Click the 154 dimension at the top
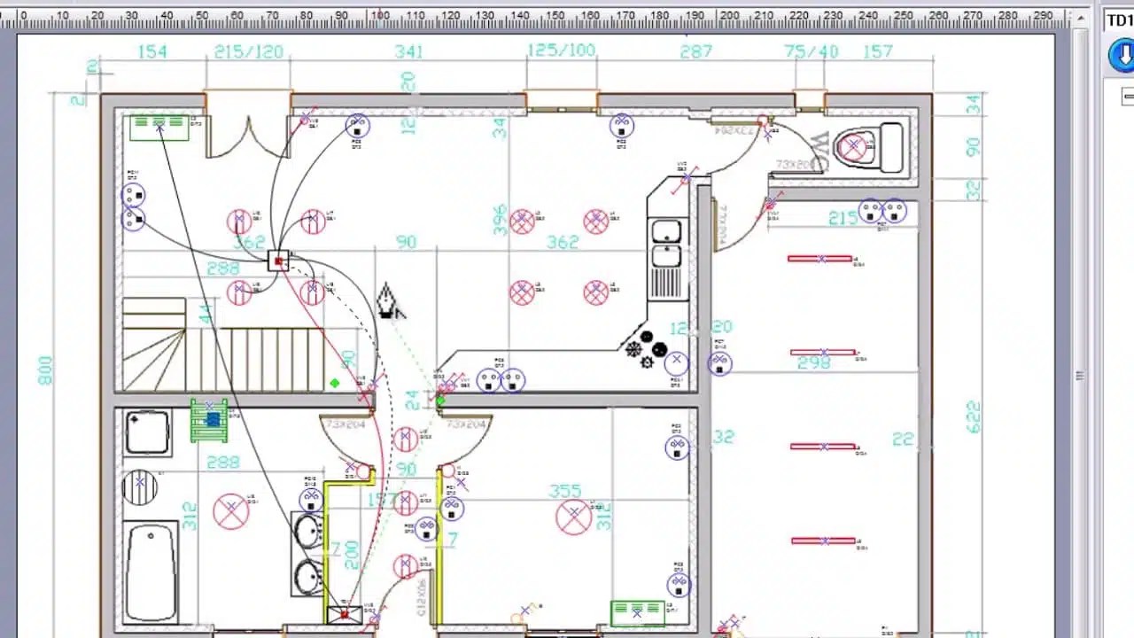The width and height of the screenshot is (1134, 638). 152,52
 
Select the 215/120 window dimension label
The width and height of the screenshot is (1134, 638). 249,52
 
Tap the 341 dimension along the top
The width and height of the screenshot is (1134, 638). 408,52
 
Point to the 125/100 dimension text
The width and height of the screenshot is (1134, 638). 562,51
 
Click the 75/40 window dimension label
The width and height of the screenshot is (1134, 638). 811,52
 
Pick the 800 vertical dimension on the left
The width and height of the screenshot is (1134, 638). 45,370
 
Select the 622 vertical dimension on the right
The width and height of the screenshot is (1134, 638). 974,417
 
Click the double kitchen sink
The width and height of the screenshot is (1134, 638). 666,244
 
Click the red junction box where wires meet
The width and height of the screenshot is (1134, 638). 280,261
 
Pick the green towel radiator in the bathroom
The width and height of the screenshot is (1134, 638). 209,420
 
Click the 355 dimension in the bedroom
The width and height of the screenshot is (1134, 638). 565,491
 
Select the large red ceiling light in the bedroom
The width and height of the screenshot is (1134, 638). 573,517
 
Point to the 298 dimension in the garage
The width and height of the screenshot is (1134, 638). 813,362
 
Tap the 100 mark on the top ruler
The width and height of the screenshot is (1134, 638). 380,15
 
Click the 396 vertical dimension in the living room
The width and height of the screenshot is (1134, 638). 501,221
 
